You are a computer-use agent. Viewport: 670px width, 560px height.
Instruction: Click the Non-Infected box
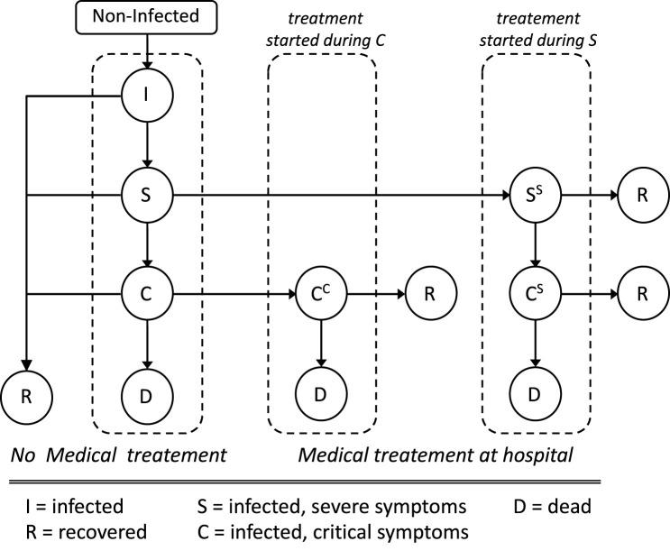(x=147, y=16)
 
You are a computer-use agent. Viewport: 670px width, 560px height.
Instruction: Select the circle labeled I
(x=147, y=95)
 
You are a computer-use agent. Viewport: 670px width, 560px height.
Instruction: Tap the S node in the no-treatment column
(x=147, y=195)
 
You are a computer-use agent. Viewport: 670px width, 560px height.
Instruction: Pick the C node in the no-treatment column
(x=147, y=294)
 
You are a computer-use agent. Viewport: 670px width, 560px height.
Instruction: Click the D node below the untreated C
(x=147, y=394)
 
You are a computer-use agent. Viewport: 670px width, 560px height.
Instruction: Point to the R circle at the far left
(x=26, y=394)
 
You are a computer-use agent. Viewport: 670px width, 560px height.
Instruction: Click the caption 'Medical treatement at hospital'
(x=436, y=455)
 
